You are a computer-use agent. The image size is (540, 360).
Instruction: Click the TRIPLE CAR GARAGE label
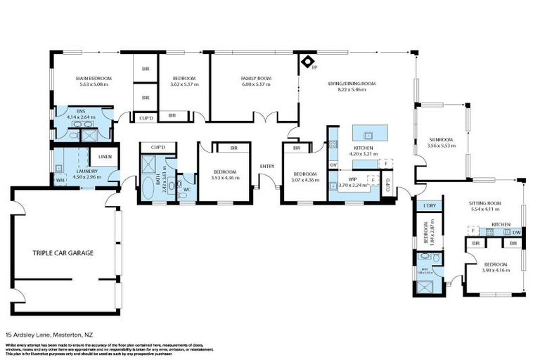coord(63,252)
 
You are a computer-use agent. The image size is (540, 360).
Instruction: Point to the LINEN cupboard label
coord(105,156)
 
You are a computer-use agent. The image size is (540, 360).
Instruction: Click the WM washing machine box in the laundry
coord(60,180)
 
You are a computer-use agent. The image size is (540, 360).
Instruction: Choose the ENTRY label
coord(267,166)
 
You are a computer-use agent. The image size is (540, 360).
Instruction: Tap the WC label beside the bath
coord(187,189)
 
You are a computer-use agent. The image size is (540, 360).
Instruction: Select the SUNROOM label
coord(442,139)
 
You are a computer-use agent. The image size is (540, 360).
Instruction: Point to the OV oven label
coord(333,165)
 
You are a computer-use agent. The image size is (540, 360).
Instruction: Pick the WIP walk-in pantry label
coord(352,179)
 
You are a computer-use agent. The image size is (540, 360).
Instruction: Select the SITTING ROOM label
coord(484,202)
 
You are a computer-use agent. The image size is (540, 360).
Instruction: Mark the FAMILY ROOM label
coord(255,78)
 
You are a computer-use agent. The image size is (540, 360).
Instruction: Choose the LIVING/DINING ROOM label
coord(352,84)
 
